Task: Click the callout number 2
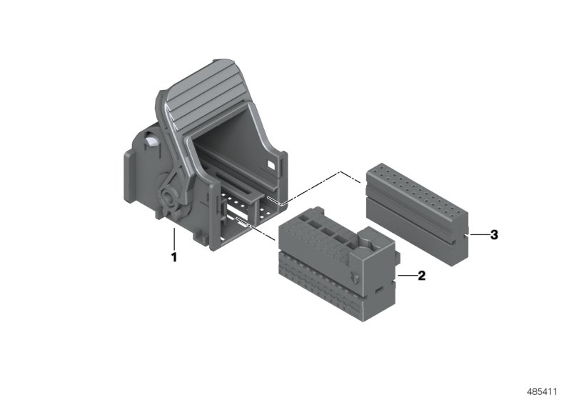(421, 275)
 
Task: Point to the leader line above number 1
(173, 239)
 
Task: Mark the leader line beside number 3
(476, 234)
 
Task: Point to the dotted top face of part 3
(414, 189)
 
